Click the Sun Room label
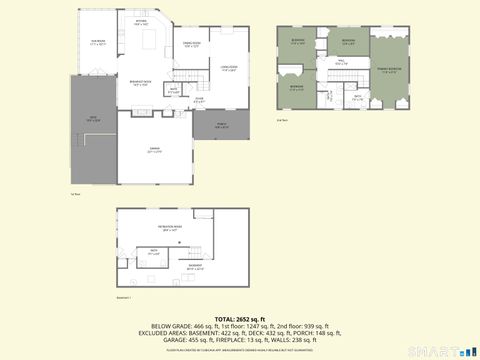pyautogui.click(x=97, y=43)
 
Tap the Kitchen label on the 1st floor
pyautogui.click(x=141, y=23)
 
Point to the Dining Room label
pyautogui.click(x=192, y=44)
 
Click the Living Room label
pyautogui.click(x=228, y=68)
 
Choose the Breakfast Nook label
pyautogui.click(x=142, y=83)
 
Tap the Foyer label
pyautogui.click(x=199, y=99)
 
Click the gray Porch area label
pyautogui.click(x=221, y=125)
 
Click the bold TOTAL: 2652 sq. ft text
pyautogui.click(x=240, y=317)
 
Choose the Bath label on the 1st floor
pyautogui.click(x=173, y=91)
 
